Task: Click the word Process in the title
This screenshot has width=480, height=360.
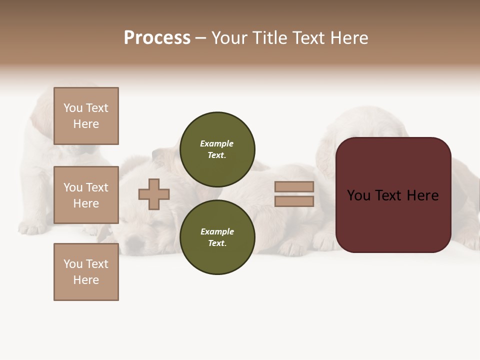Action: coord(157,38)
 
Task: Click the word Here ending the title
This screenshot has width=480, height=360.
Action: coord(348,38)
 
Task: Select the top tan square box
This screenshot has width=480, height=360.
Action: coord(86,116)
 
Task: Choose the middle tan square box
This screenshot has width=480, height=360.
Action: coord(86,195)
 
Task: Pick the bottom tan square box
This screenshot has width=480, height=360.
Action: coord(86,272)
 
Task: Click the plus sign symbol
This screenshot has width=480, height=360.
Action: coord(154,194)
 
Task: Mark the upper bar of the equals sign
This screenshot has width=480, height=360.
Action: coord(294,187)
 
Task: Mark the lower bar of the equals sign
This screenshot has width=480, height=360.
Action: coord(294,201)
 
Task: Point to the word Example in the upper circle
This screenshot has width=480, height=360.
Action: coord(217,143)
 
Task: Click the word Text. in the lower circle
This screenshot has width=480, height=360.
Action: coord(217,243)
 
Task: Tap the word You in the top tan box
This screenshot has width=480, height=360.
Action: coord(73,108)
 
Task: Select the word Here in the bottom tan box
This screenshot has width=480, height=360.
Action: coord(86,280)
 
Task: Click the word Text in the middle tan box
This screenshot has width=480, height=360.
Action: coord(96,187)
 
